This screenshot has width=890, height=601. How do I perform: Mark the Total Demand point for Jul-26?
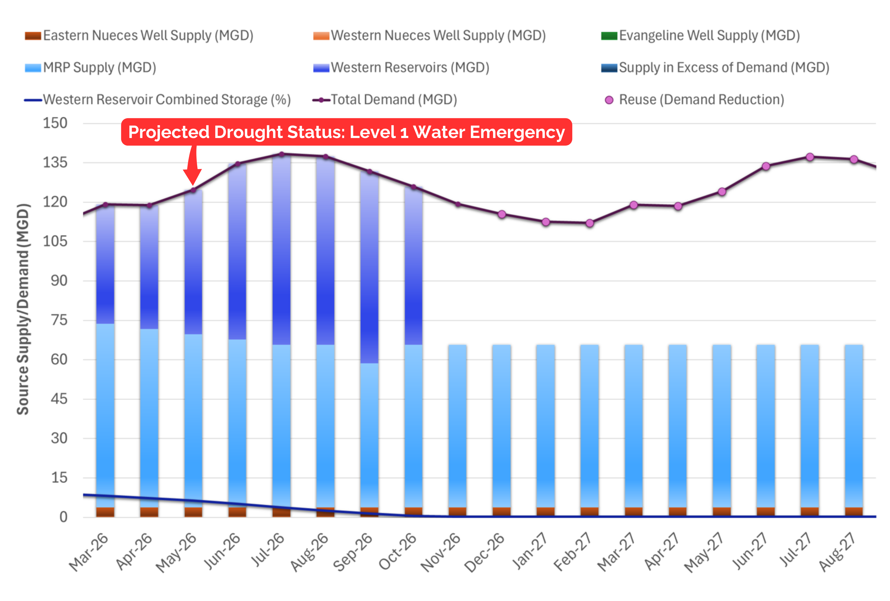pyautogui.click(x=281, y=154)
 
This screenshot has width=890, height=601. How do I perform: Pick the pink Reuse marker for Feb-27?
pyautogui.click(x=590, y=223)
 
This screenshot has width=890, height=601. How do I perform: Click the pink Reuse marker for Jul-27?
pyautogui.click(x=810, y=157)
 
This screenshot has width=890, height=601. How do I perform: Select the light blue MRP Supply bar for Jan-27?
pyautogui.click(x=546, y=425)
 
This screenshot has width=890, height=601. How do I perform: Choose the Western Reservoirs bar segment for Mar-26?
pyautogui.click(x=105, y=264)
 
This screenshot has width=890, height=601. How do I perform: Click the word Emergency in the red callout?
pyautogui.click(x=517, y=132)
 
